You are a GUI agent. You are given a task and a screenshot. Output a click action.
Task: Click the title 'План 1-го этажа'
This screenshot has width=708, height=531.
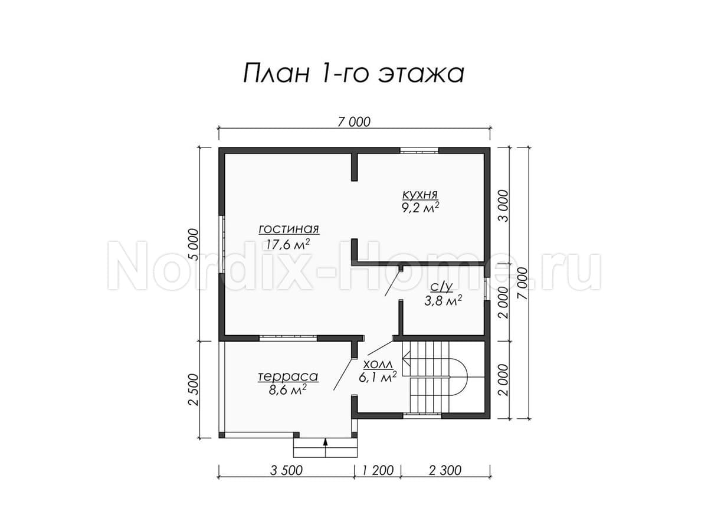coord(353,74)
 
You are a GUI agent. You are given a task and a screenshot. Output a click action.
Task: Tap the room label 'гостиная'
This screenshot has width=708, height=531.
coord(289,230)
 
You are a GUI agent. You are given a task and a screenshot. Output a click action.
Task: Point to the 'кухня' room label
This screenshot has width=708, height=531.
coord(420,195)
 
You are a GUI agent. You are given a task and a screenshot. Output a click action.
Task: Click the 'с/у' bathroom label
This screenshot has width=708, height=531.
coord(442,287)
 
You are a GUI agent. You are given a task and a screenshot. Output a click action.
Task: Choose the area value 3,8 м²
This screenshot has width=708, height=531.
coord(443,301)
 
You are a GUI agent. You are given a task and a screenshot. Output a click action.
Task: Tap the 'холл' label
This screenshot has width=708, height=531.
coord(378,365)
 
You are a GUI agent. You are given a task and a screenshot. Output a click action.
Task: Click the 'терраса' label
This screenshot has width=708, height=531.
coord(288,376)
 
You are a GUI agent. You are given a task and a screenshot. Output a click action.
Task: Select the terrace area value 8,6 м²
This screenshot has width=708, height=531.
coord(287,390)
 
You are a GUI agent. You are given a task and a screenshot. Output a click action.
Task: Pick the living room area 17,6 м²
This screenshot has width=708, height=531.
coord(288,244)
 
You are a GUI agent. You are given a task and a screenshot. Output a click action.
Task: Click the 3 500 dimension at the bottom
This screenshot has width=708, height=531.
coord(286,470)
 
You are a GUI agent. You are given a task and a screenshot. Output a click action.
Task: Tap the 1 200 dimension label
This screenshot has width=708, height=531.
coord(378,470)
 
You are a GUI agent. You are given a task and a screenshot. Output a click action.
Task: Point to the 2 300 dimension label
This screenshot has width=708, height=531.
coord(445,470)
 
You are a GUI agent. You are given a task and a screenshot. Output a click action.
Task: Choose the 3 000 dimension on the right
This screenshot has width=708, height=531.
coord(503,206)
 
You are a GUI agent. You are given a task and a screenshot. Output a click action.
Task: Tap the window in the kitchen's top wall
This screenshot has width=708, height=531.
coord(419,150)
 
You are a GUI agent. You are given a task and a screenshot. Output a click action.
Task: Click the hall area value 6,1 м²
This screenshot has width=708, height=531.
coord(378,378)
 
